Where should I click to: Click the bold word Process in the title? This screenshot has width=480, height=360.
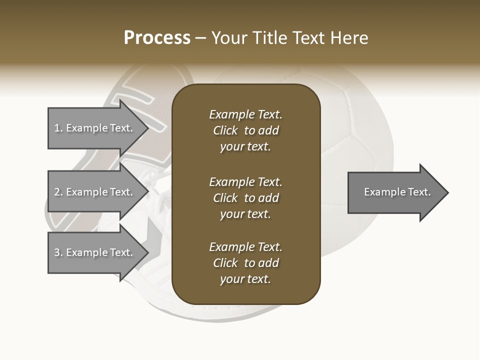pyautogui.click(x=157, y=38)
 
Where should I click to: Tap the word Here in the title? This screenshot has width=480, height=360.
pyautogui.click(x=349, y=38)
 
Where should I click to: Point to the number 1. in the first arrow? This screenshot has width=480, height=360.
pyautogui.click(x=58, y=128)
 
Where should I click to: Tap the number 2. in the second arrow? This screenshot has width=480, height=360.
pyautogui.click(x=58, y=192)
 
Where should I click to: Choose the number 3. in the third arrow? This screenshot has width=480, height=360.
pyautogui.click(x=58, y=252)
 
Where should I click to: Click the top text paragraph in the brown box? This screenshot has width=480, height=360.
pyautogui.click(x=245, y=130)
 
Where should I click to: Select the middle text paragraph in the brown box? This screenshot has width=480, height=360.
pyautogui.click(x=245, y=198)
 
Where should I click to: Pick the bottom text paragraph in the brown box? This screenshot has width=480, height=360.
pyautogui.click(x=245, y=263)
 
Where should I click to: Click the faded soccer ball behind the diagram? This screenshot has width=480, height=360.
pyautogui.click(x=360, y=125)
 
